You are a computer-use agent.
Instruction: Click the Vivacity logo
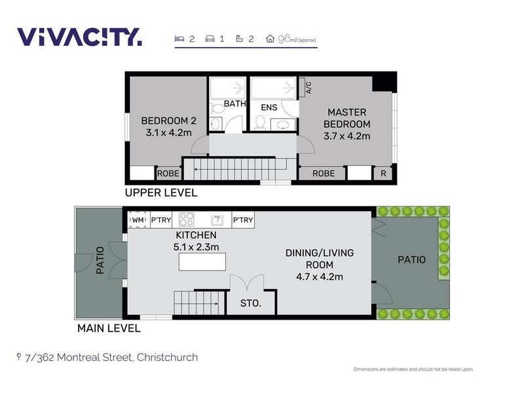tap(79, 37)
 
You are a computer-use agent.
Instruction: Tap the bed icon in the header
tap(179, 39)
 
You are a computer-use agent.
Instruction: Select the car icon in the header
tap(210, 39)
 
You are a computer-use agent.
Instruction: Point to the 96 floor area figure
tap(284, 39)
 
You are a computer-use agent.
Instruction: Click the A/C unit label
tap(309, 87)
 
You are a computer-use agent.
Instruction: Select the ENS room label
tap(269, 107)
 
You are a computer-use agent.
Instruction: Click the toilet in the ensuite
tap(259, 122)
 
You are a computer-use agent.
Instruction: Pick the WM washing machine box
tap(138, 220)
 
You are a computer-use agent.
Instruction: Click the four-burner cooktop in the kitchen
tap(187, 219)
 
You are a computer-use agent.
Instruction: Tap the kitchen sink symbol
tap(217, 220)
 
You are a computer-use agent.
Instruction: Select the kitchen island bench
tap(202, 261)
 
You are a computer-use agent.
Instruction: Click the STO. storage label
tap(251, 303)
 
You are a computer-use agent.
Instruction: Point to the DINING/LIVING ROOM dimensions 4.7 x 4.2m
tap(320, 276)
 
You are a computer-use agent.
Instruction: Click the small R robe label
tap(383, 174)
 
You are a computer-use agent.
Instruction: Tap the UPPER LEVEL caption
tap(161, 193)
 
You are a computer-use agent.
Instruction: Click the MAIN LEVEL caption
tap(109, 328)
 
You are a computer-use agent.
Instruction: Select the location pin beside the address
tap(19, 357)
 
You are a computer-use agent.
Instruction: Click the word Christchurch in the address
tap(168, 357)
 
